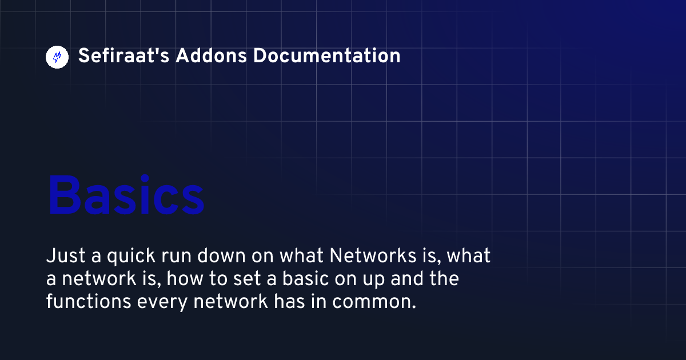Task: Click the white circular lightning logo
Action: point(57,57)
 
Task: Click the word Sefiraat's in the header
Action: point(123,56)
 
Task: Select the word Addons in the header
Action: point(211,56)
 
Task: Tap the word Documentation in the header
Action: point(327,56)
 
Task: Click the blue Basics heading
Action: point(126,195)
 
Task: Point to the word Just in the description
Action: point(66,255)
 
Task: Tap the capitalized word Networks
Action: point(373,255)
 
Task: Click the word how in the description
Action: point(185,279)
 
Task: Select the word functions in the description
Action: point(89,302)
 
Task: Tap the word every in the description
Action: point(162,303)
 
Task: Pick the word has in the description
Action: point(289,302)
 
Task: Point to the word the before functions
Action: point(444,279)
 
